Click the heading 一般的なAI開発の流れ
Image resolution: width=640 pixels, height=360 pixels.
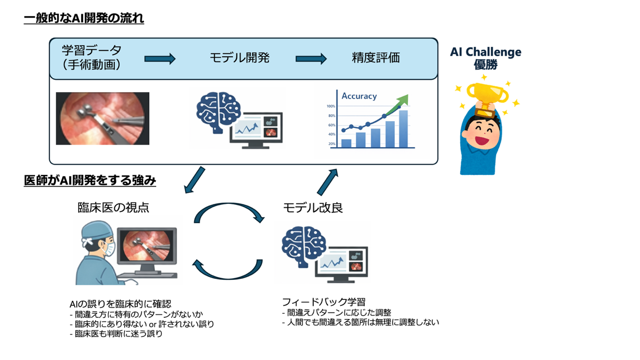[x=84, y=18]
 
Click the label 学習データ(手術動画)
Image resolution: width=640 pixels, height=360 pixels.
[x=92, y=57]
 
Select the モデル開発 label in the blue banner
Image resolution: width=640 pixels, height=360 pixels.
[x=239, y=58]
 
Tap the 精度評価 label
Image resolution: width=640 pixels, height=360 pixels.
[x=375, y=58]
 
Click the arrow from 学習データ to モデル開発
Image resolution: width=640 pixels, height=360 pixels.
[x=160, y=59]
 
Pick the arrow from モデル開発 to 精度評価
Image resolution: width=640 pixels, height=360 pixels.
[x=311, y=59]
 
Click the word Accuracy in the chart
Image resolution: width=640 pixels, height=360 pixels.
[x=359, y=96]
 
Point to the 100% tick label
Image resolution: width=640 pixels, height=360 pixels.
[x=331, y=106]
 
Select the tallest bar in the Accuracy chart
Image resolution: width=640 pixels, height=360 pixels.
[x=403, y=129]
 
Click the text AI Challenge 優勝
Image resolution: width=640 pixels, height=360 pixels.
[x=485, y=58]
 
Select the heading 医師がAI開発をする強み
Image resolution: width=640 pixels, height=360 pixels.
[x=90, y=181]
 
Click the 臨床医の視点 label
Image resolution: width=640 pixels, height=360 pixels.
[x=113, y=208]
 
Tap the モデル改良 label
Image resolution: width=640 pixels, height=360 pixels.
[x=313, y=208]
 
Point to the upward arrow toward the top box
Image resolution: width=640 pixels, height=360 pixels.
[x=328, y=182]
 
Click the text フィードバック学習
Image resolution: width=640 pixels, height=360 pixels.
[x=324, y=302]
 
